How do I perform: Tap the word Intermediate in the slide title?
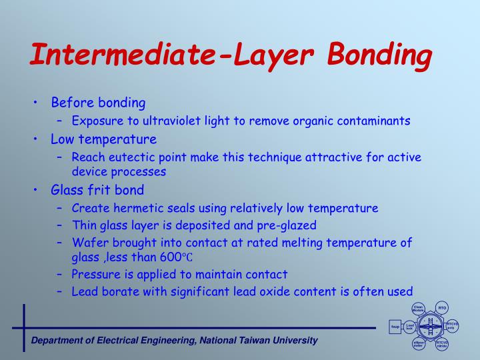click(x=119, y=55)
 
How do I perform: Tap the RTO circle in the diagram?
click(x=441, y=307)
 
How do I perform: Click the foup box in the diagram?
click(x=394, y=327)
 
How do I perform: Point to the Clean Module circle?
click(x=419, y=309)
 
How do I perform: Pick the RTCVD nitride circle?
click(x=441, y=345)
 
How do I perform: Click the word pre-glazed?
click(x=288, y=225)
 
